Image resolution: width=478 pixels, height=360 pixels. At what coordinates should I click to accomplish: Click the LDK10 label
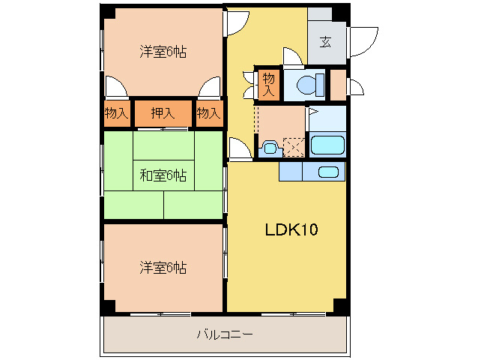click(291, 229)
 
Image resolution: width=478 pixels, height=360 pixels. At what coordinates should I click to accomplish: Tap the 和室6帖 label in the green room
click(163, 175)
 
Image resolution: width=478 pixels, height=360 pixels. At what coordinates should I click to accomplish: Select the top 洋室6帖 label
click(163, 52)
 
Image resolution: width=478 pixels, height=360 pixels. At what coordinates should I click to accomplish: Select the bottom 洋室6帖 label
click(163, 266)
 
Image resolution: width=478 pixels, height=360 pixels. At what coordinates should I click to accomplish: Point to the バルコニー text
click(224, 334)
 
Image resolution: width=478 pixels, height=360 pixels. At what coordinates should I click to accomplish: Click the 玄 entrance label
click(327, 42)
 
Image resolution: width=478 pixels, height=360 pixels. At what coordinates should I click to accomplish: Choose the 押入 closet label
click(163, 113)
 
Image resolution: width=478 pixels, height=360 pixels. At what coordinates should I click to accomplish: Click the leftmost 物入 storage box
click(116, 113)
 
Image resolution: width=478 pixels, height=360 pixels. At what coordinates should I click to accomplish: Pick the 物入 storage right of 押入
click(208, 113)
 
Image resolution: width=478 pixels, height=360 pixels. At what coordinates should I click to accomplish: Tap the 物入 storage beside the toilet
click(269, 83)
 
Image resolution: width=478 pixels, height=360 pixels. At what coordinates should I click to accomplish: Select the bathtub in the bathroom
click(327, 144)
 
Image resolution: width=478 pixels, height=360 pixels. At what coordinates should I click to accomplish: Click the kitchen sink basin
click(327, 172)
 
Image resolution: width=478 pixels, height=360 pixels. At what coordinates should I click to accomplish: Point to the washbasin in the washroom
click(270, 148)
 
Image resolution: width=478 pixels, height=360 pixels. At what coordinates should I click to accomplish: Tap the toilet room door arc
click(294, 57)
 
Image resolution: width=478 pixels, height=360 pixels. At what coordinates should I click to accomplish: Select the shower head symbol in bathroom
click(313, 112)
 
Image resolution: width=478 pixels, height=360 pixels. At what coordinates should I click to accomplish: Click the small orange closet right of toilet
click(338, 83)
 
